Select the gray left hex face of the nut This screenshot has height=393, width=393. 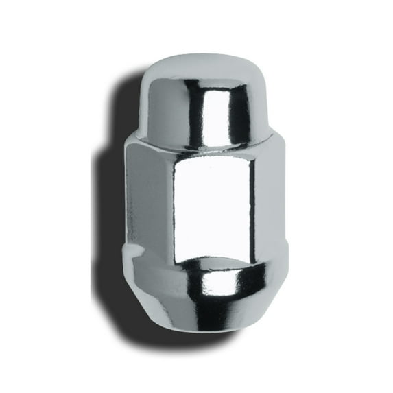pos(147,199)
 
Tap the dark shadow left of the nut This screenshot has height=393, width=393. pos(110,206)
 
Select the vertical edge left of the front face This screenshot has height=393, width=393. pos(172,206)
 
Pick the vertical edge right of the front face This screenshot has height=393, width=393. pos(255,206)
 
